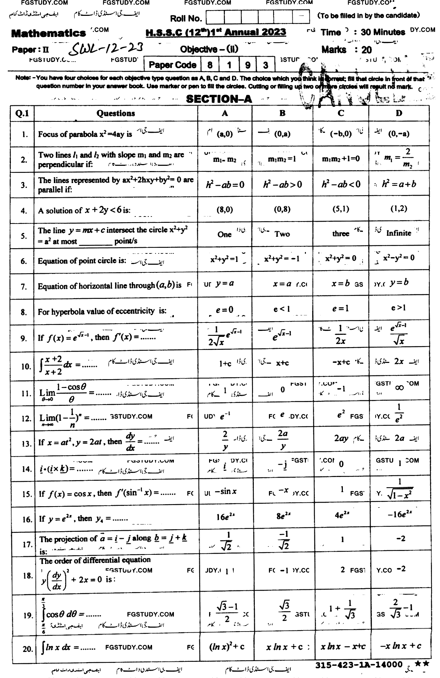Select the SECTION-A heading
(x=219, y=99)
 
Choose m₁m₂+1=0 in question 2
(x=341, y=159)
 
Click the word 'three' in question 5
(x=340, y=233)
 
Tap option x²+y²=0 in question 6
(x=340, y=258)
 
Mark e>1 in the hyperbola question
(x=398, y=308)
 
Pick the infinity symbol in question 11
(x=399, y=388)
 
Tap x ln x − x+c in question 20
(x=343, y=646)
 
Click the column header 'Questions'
(x=116, y=113)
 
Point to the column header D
(x=399, y=113)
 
